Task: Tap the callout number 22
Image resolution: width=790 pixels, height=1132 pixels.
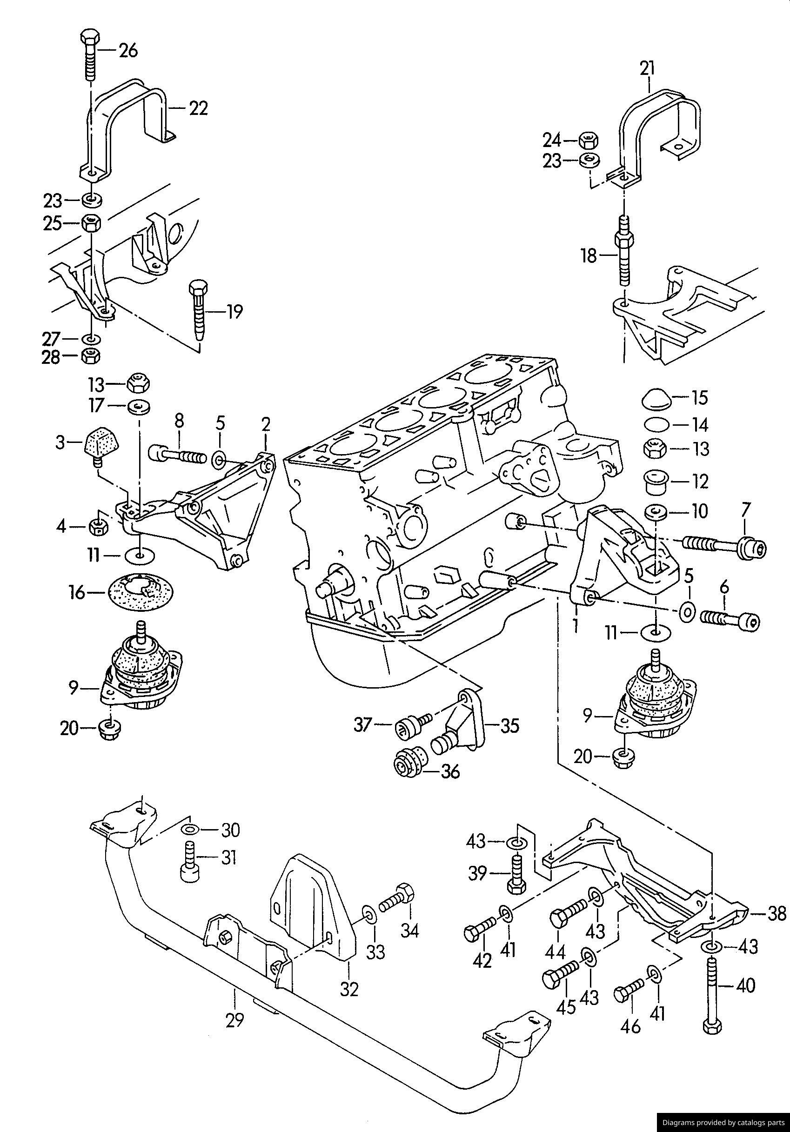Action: pos(198,108)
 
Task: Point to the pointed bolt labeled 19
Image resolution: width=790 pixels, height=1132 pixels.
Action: pos(199,311)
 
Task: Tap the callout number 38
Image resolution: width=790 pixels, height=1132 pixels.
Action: pos(777,914)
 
